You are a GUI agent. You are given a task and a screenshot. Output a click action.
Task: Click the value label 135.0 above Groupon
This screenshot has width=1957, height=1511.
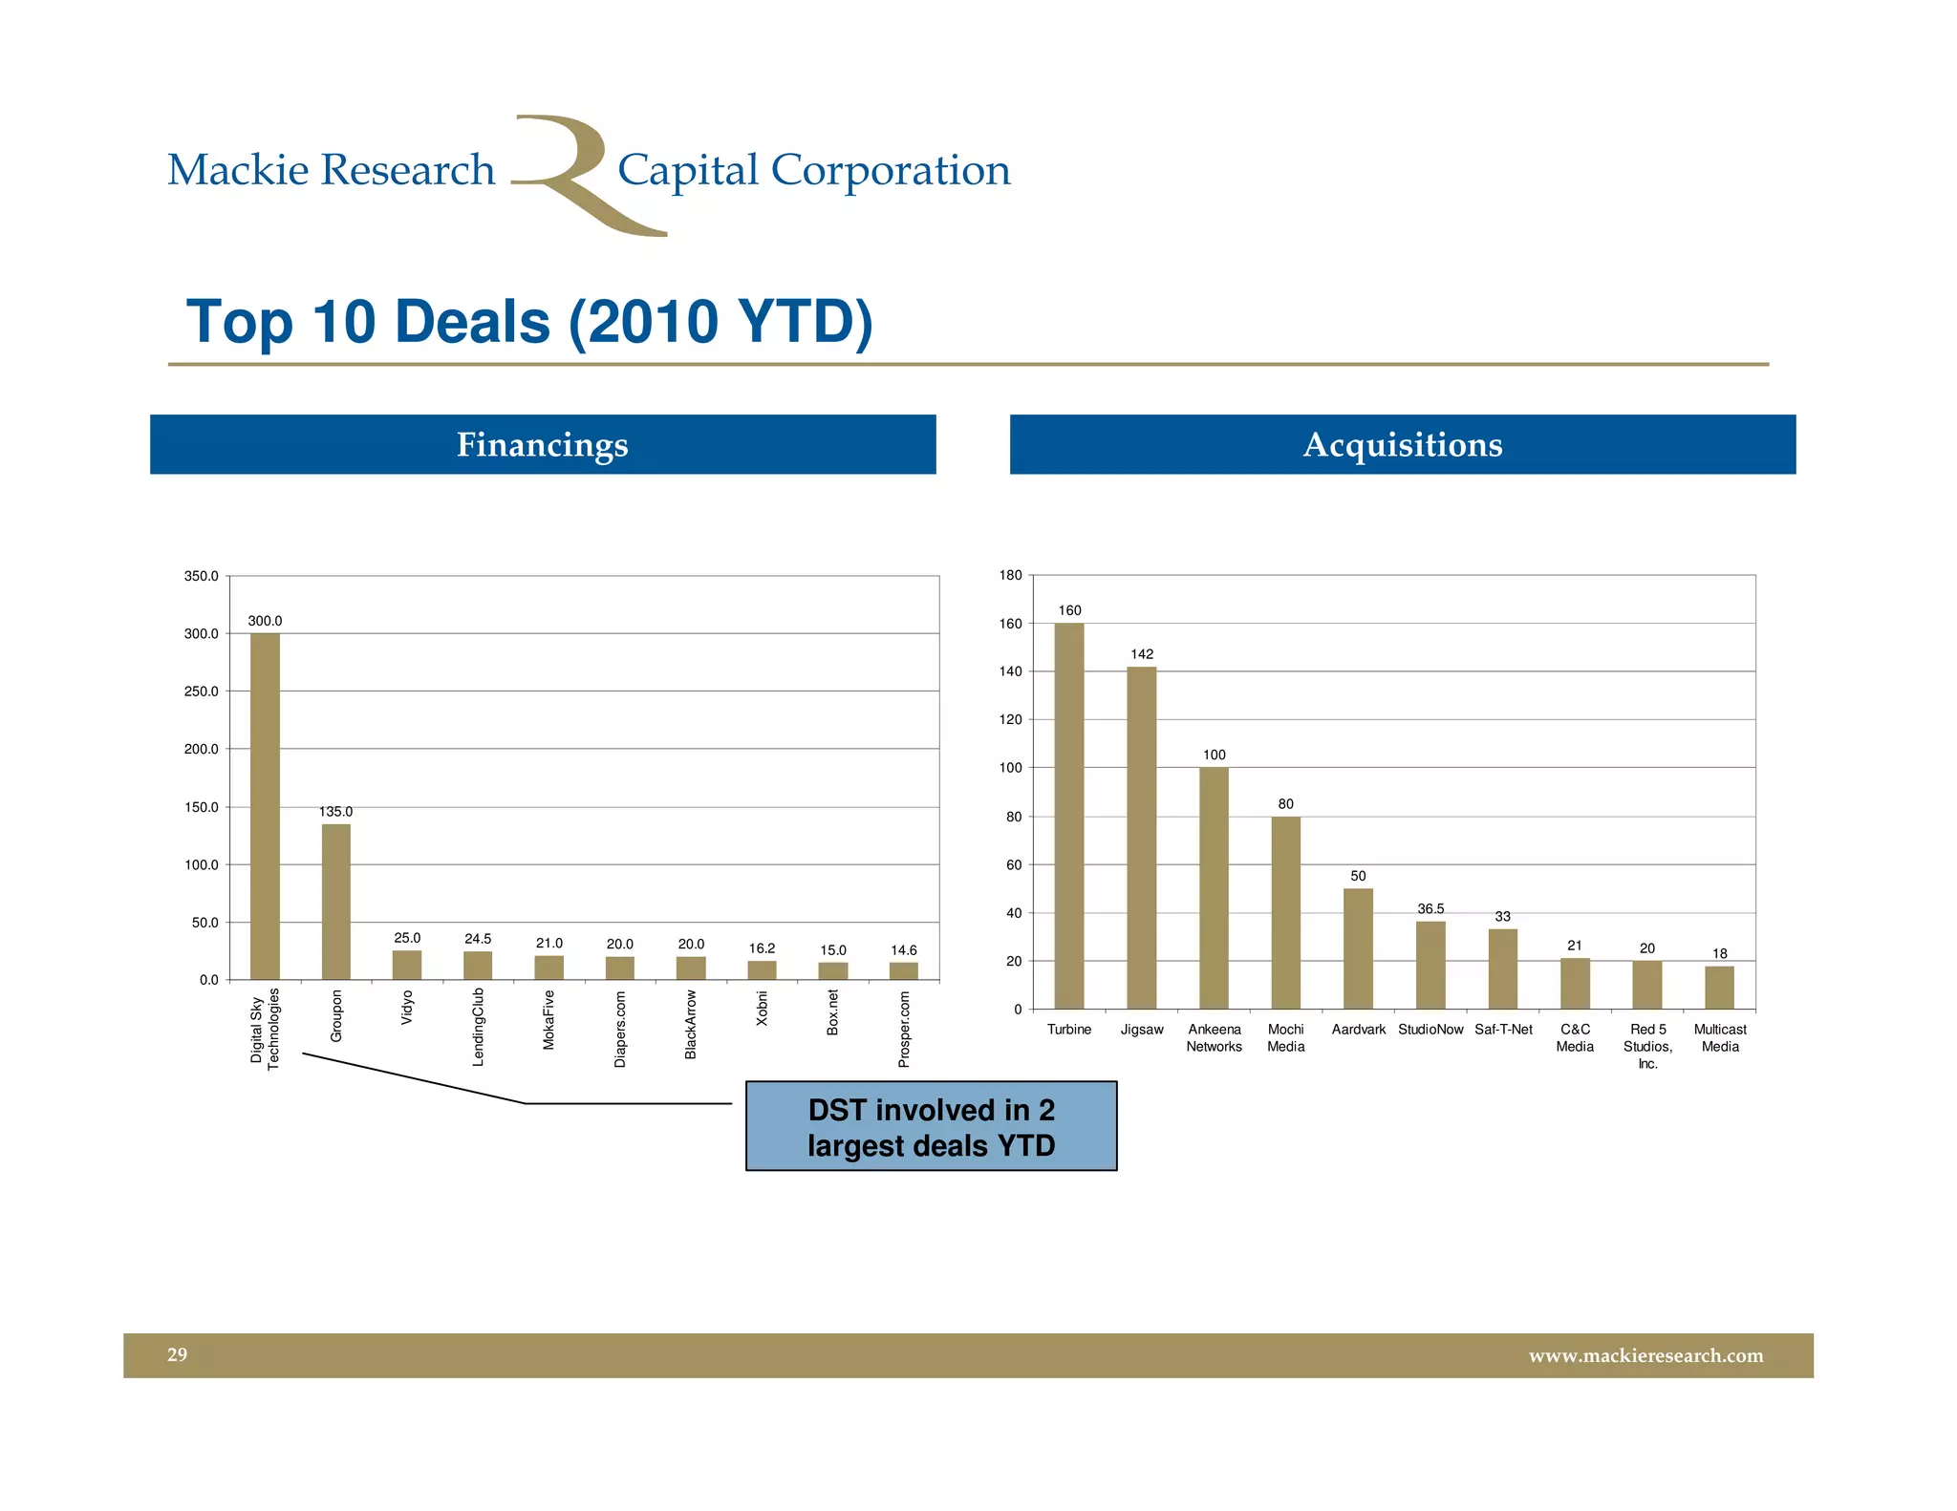[335, 811]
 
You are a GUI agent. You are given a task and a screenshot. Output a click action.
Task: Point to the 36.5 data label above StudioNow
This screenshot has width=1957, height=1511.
[1430, 908]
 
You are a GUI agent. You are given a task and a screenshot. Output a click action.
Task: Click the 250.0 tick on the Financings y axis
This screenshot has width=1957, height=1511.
[202, 692]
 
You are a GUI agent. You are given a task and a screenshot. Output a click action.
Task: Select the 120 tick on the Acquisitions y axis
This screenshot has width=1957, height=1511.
[1010, 719]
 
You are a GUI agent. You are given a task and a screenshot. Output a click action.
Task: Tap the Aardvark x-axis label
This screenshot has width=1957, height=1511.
[1358, 1030]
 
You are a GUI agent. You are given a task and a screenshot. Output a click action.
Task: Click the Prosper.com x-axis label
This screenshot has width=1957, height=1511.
[904, 1029]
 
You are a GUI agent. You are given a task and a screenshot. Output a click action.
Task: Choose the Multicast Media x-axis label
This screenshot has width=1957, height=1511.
[1720, 1038]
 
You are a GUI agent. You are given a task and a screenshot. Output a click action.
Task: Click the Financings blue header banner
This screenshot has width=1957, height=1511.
[543, 444]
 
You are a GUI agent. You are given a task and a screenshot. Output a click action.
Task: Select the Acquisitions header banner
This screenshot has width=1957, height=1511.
[1402, 444]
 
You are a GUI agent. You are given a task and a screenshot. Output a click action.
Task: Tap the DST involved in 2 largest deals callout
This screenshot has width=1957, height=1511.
[931, 1127]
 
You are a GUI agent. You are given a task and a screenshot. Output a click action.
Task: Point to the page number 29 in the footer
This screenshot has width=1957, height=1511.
[178, 1354]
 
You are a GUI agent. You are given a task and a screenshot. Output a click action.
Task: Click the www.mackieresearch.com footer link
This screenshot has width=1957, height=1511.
[1645, 1355]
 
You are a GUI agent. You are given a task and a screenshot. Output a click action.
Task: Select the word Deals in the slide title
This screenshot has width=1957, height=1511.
[472, 322]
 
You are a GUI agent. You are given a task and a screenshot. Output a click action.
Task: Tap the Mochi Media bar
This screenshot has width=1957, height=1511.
[1285, 912]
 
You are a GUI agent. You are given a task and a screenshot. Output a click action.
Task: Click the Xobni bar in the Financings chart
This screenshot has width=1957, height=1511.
[762, 970]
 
